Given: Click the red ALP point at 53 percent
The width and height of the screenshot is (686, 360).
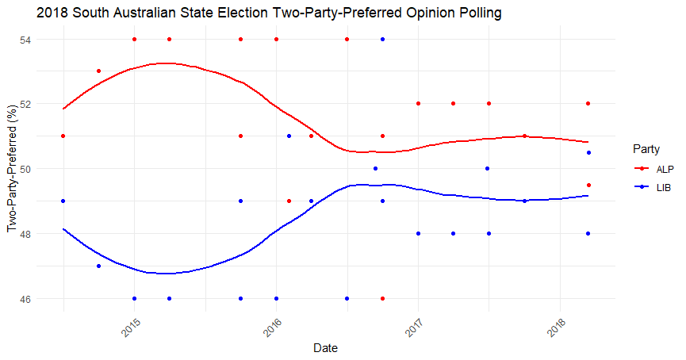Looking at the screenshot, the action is [x=98, y=71].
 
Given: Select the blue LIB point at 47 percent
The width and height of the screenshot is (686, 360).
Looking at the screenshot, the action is [x=98, y=266].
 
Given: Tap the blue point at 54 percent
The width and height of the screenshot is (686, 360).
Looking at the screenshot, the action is [x=383, y=40].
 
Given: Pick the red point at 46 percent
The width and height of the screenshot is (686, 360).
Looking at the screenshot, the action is [x=383, y=299].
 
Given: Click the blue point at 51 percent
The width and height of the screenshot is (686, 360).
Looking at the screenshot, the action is [x=289, y=136].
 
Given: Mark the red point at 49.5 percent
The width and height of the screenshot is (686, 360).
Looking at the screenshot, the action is [x=589, y=186].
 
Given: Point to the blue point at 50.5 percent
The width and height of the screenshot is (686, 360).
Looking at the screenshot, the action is [x=589, y=153].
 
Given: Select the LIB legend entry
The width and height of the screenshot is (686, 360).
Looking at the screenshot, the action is [x=653, y=188].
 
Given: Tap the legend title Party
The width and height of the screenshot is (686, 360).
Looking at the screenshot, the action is [x=646, y=149].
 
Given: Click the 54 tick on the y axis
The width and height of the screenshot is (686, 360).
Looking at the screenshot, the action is [x=25, y=40].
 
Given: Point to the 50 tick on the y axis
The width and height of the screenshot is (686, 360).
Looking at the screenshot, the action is [x=25, y=169].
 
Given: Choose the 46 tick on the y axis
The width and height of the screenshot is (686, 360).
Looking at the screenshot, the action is [x=25, y=299].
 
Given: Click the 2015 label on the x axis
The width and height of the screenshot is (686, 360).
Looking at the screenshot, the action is [x=131, y=327].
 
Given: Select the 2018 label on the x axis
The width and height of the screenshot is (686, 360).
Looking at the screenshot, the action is [x=557, y=327].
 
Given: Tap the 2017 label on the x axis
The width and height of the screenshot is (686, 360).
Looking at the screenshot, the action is [x=415, y=327].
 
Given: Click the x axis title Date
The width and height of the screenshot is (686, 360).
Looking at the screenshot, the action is [x=325, y=348].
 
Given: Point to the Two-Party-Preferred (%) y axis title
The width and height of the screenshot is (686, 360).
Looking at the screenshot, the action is [x=12, y=168].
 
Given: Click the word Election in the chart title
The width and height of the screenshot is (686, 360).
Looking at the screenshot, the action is [x=247, y=13].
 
